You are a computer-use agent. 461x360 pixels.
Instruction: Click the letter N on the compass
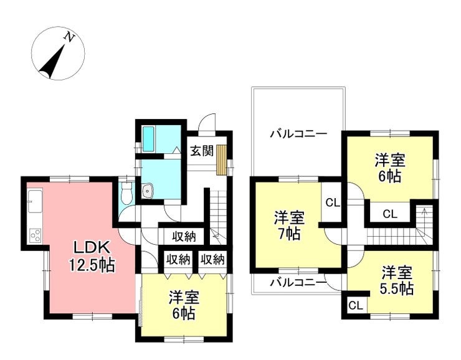pyautogui.click(x=69, y=37)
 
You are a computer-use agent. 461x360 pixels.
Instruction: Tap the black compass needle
pyautogui.click(x=52, y=62)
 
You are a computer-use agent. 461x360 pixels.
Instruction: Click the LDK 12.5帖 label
pyautogui.click(x=92, y=257)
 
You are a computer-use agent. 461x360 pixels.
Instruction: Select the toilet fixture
pyautogui.click(x=127, y=193)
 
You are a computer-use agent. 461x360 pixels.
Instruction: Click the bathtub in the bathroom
pyautogui.click(x=148, y=139)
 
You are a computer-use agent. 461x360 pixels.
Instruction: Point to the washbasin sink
pyautogui.click(x=146, y=191)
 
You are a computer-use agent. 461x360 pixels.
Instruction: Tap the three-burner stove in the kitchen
pyautogui.click(x=36, y=235)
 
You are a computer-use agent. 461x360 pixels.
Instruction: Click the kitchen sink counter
pyautogui.click(x=36, y=201)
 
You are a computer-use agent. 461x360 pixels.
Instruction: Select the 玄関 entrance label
pyautogui.click(x=202, y=151)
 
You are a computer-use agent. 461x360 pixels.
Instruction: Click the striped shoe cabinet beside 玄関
pyautogui.click(x=222, y=160)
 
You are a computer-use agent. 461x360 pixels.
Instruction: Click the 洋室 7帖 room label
pyautogui.click(x=289, y=225)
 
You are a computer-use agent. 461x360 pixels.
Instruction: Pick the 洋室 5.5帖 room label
pyautogui.click(x=397, y=281)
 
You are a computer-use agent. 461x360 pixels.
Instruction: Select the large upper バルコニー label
pyautogui.click(x=298, y=135)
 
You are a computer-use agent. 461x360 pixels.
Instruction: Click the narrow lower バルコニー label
pyautogui.click(x=298, y=283)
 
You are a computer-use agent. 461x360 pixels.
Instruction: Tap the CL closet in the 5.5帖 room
pyautogui.click(x=356, y=306)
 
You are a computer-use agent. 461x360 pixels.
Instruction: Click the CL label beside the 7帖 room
pyautogui.click(x=333, y=202)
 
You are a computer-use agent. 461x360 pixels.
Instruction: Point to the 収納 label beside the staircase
pyautogui.click(x=184, y=236)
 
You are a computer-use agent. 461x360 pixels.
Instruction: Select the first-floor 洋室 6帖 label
pyautogui.click(x=183, y=305)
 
